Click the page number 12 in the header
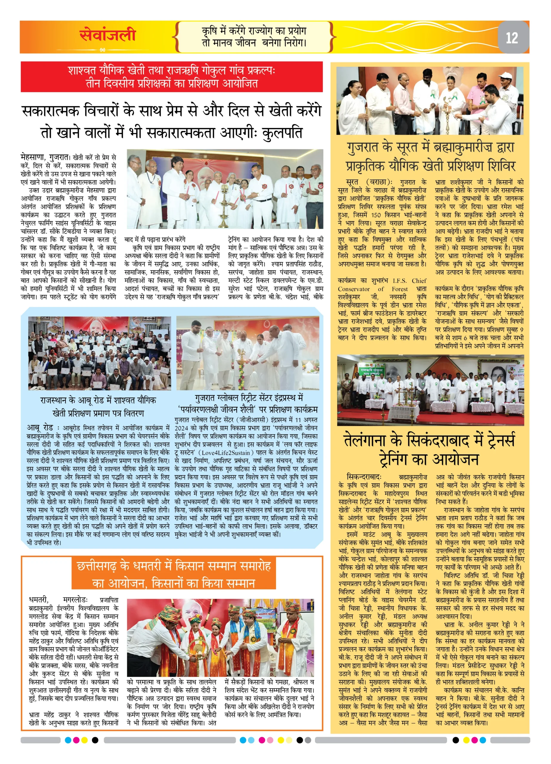click(x=512, y=38)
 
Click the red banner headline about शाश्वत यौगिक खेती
click(x=172, y=77)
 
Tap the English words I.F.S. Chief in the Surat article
click(x=409, y=281)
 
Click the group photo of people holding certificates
click(x=99, y=353)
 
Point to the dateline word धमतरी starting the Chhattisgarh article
click(x=39, y=600)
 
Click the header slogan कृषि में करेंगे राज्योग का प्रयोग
click(x=254, y=31)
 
